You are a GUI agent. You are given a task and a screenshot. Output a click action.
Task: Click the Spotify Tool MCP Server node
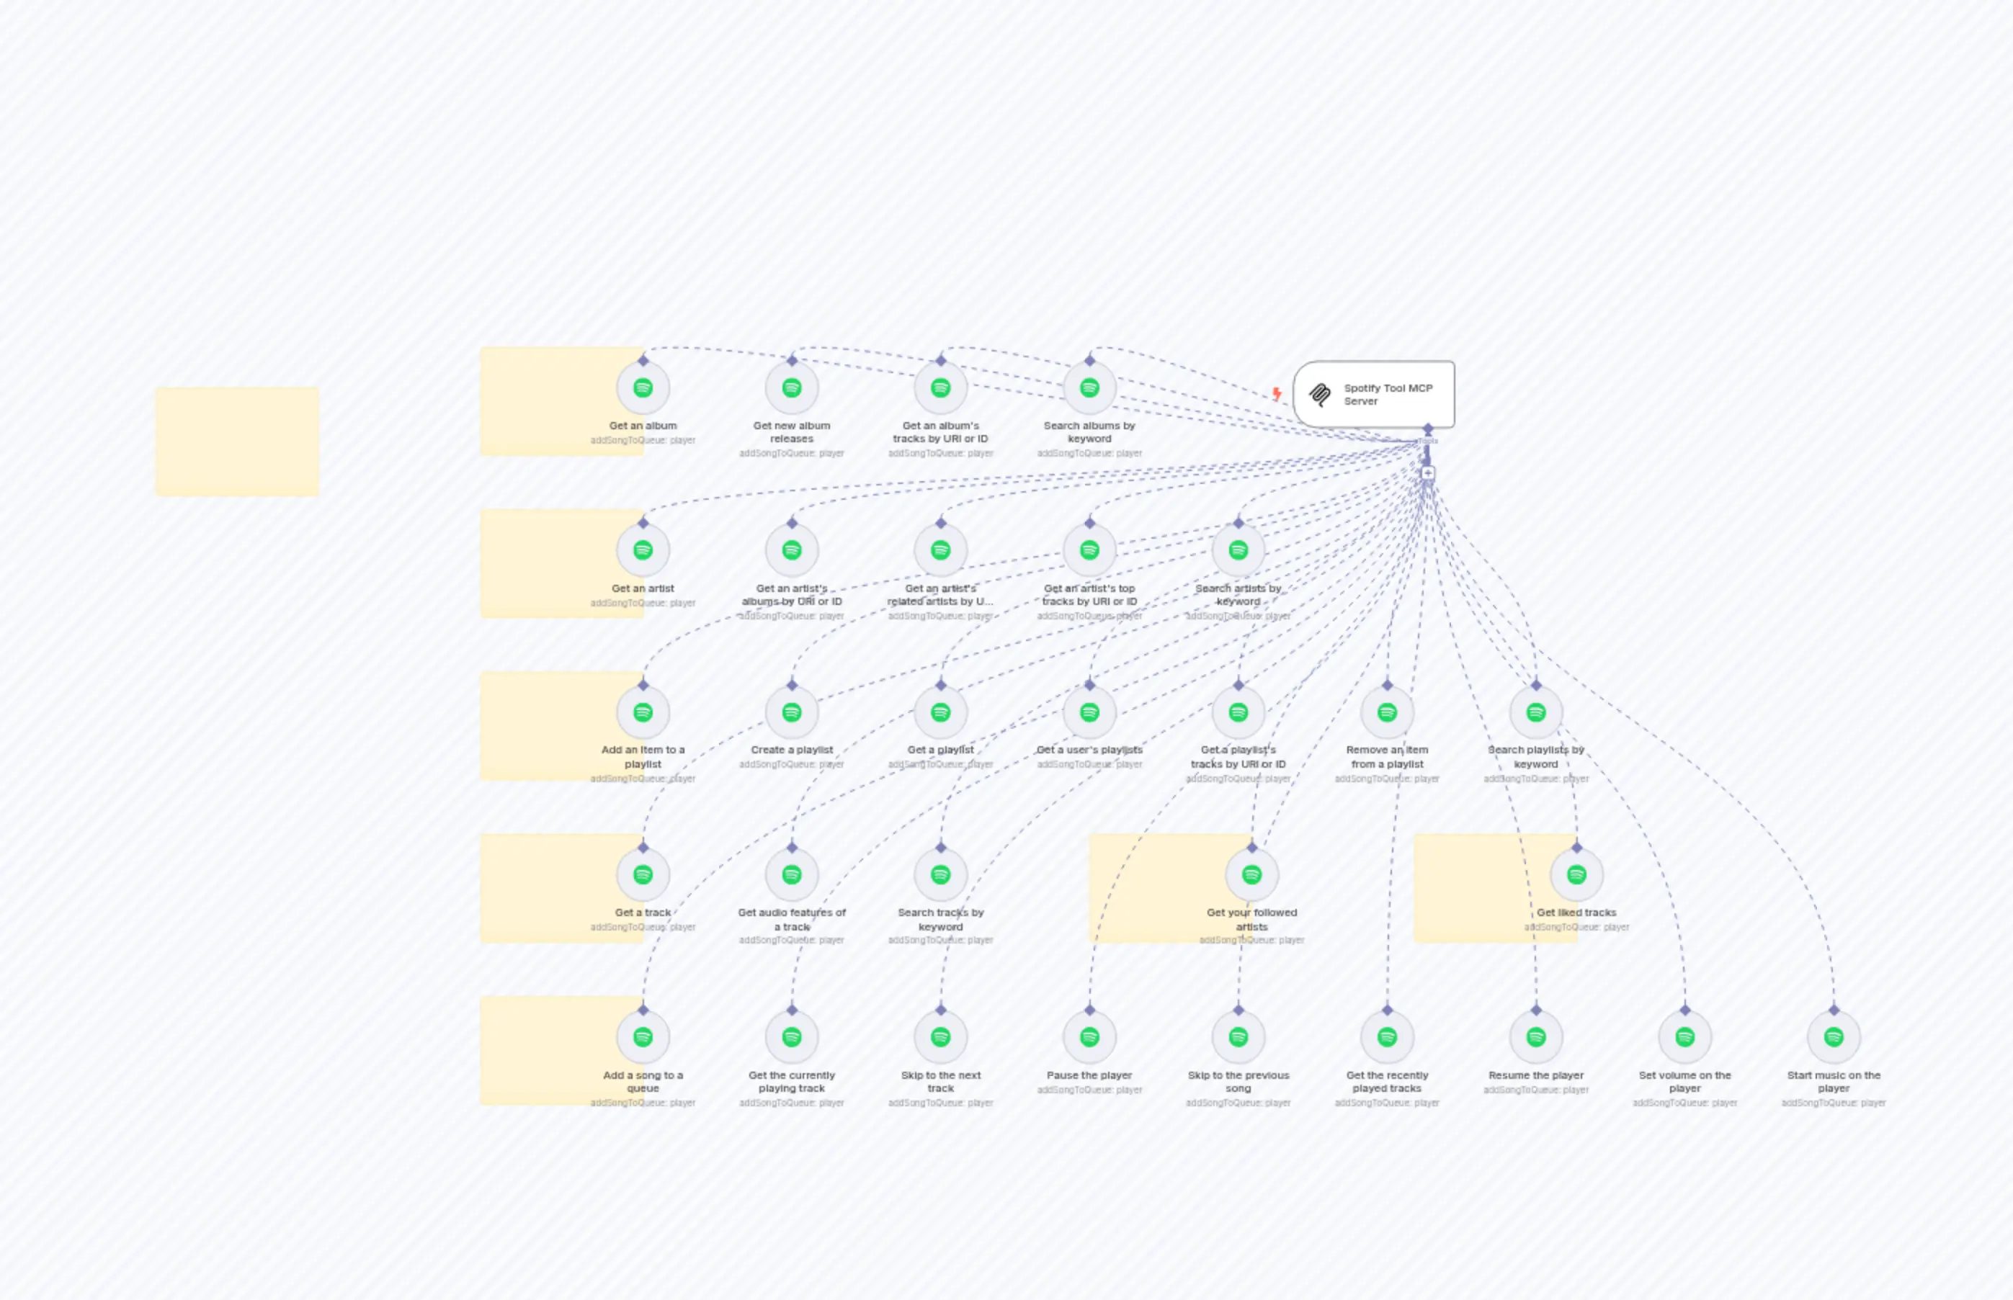pos(1374,394)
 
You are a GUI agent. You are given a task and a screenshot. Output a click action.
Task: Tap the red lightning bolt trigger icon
pos(1277,393)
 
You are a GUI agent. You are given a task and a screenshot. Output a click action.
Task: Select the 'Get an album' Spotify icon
pos(643,387)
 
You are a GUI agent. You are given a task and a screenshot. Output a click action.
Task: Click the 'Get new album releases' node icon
pos(791,387)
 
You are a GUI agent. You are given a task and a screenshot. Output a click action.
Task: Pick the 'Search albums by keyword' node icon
pos(1089,387)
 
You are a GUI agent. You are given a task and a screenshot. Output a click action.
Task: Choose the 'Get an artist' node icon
pos(643,550)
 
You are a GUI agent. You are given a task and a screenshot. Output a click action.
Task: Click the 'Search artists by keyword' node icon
pos(1238,550)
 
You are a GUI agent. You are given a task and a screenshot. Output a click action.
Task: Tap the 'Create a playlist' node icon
pos(791,712)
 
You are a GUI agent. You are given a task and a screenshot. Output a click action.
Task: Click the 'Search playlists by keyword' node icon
pos(1535,712)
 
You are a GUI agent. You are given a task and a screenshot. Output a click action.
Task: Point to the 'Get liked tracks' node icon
pos(1576,874)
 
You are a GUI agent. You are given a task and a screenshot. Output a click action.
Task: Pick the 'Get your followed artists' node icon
pos(1251,874)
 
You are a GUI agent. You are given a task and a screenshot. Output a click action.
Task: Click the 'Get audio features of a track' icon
pos(791,874)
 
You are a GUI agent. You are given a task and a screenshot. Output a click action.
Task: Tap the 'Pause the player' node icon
pos(1089,1036)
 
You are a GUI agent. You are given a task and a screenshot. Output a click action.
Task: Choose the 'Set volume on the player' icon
pos(1684,1036)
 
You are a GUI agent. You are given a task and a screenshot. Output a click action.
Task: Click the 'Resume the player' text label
pos(1535,1075)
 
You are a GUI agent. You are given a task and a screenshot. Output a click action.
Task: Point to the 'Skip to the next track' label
pos(941,1081)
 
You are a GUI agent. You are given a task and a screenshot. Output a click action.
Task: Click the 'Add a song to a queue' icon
pos(643,1036)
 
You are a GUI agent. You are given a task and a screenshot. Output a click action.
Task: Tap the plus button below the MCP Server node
pos(1428,472)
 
